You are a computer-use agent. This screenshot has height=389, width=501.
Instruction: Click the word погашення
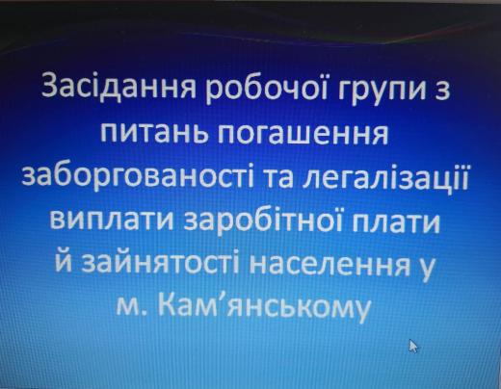click(304, 134)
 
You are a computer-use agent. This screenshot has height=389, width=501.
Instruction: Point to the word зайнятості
click(160, 264)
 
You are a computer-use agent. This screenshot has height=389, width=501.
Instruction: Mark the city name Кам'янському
click(264, 305)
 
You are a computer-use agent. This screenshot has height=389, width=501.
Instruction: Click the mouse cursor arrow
click(413, 346)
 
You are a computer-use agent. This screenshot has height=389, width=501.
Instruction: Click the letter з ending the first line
click(442, 91)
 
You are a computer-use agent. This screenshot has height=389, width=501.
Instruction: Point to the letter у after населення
click(427, 269)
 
